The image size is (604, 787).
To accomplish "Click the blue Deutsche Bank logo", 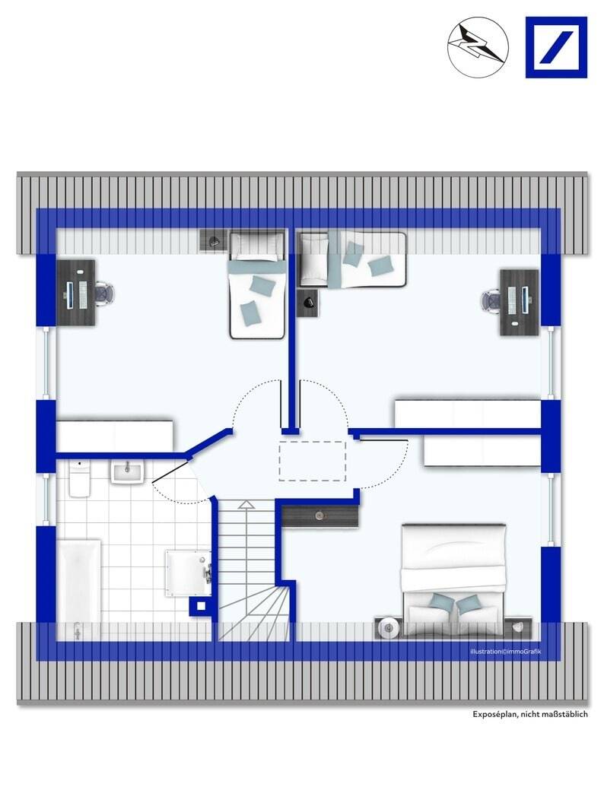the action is [x=556, y=47].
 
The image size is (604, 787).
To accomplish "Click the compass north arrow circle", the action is [x=478, y=46].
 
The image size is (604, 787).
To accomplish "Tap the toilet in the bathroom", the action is [x=79, y=479].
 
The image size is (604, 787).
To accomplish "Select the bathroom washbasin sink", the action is [x=128, y=473].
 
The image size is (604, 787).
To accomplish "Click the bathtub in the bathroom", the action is [x=79, y=589].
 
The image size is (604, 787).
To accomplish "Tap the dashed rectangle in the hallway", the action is [x=313, y=461].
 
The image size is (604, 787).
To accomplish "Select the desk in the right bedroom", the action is [x=519, y=302].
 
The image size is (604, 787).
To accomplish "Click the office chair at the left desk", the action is [x=104, y=293].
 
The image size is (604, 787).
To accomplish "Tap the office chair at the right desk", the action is [x=491, y=301].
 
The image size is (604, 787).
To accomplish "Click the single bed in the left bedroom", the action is [x=258, y=284].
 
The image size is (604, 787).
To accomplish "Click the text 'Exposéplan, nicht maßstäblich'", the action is [x=529, y=714].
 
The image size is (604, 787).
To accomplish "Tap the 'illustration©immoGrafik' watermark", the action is [x=506, y=652].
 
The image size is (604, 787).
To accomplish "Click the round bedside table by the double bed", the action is [x=388, y=627].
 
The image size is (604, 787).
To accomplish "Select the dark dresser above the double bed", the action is [x=320, y=516].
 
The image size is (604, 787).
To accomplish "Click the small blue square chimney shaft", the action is [x=201, y=606].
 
